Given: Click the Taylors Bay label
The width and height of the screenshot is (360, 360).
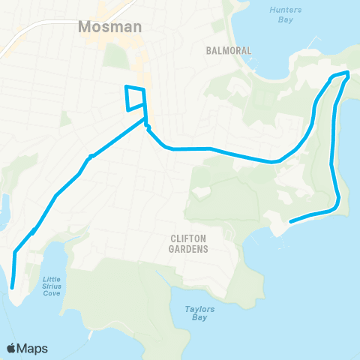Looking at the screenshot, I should pyautogui.click(x=196, y=313).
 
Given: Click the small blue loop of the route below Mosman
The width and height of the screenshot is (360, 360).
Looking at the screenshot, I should pyautogui.click(x=134, y=98).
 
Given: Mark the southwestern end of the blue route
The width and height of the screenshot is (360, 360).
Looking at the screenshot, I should pyautogui.click(x=12, y=286).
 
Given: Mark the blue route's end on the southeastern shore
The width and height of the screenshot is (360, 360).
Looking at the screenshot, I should pyautogui.click(x=289, y=220).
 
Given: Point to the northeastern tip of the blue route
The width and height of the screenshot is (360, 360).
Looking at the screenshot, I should pyautogui.click(x=347, y=73).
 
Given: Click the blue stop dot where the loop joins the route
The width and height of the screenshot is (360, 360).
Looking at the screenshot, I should pyautogui.click(x=148, y=126).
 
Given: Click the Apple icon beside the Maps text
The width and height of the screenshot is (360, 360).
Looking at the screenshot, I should pyautogui.click(x=11, y=349).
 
